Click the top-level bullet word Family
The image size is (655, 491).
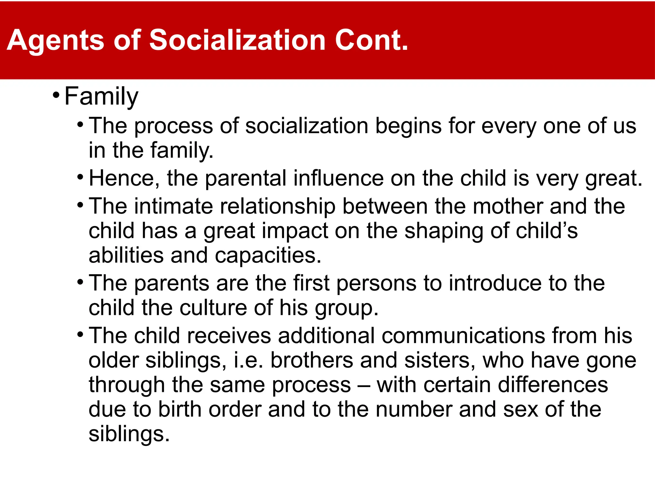101,97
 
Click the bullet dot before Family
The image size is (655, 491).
56,95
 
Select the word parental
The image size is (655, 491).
246,178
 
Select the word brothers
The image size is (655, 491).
312,360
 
